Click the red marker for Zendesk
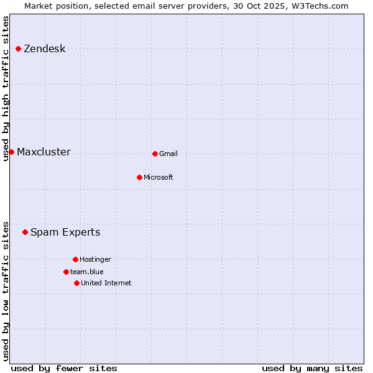19,48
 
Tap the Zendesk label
44,49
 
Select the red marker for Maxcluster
11,152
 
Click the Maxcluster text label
44,152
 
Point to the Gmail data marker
155,154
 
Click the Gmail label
168,154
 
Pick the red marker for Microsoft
139,177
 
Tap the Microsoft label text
159,178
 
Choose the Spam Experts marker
25,232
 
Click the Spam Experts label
65,233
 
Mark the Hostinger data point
75,259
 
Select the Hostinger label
95,260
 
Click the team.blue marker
66,272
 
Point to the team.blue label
87,272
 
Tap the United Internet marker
76,283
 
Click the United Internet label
106,283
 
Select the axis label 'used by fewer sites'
64,368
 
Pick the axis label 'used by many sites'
312,368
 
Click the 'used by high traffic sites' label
6,88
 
